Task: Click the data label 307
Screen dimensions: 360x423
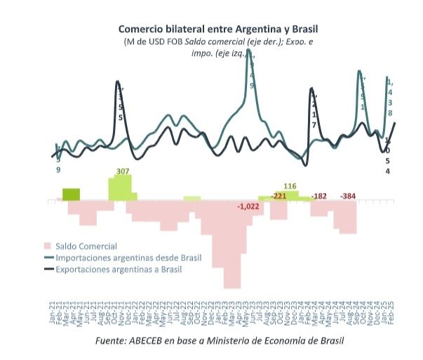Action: click(123, 171)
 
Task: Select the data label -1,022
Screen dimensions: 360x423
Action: click(249, 206)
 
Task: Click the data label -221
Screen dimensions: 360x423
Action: click(279, 196)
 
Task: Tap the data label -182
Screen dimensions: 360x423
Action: click(319, 196)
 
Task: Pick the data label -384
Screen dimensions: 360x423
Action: click(349, 196)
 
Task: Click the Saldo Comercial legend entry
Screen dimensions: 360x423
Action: click(86, 246)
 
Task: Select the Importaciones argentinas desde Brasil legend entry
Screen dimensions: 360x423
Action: click(128, 258)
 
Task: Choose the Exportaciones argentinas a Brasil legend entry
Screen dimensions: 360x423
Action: click(119, 269)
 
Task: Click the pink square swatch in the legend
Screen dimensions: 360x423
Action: click(48, 246)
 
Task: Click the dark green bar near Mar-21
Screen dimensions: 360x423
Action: click(72, 194)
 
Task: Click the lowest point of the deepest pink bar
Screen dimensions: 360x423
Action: click(233, 287)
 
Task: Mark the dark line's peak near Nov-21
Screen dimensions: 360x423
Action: click(116, 82)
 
